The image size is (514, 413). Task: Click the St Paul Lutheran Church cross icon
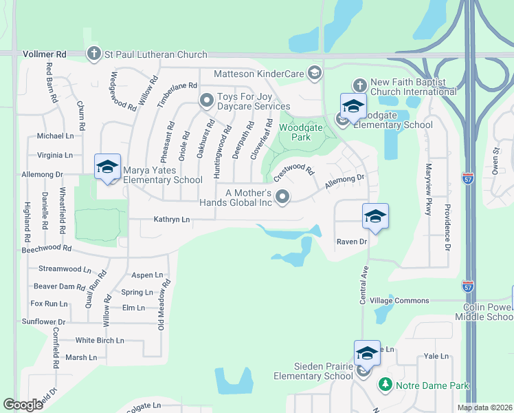[x=94, y=54]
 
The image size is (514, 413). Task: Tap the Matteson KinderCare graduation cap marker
[x=315, y=72]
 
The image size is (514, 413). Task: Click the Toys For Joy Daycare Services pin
[x=206, y=101]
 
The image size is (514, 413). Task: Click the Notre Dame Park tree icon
[x=385, y=385]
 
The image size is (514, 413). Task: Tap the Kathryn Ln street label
[x=171, y=220]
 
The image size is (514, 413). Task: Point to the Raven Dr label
[x=352, y=242]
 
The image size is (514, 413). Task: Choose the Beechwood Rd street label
[x=46, y=247]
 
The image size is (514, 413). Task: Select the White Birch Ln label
[x=100, y=340]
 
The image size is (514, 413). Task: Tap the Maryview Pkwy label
[x=428, y=190]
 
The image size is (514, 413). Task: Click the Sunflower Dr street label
[x=43, y=321]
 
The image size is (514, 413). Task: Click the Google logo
[x=23, y=405]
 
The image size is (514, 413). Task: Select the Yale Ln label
[x=436, y=356]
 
